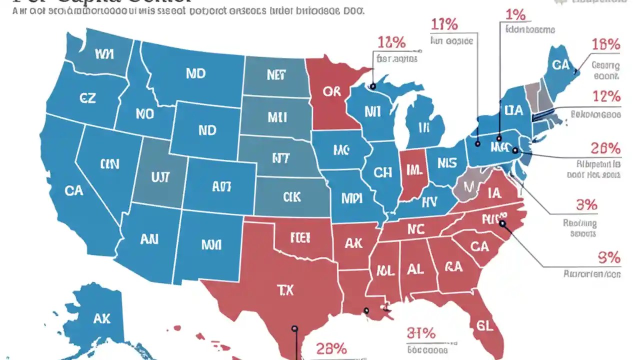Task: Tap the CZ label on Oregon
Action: click(87, 98)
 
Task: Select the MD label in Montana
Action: click(195, 73)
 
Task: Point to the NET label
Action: click(276, 75)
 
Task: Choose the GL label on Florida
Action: click(483, 326)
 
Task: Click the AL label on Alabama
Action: click(415, 269)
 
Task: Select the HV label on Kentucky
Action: click(429, 202)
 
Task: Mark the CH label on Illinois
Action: click(382, 172)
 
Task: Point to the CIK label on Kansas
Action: click(291, 197)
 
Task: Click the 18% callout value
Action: click(606, 44)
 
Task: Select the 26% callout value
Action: click(605, 148)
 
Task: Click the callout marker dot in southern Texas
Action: click(294, 328)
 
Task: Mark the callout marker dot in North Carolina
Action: click(502, 224)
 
